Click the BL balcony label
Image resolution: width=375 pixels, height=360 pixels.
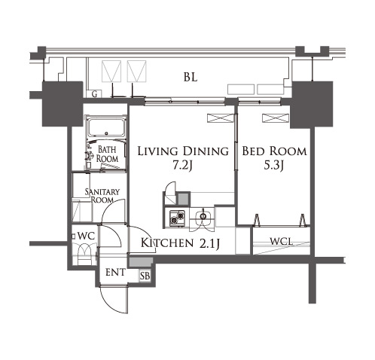(x=191, y=77)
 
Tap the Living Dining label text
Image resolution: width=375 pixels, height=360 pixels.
(x=183, y=151)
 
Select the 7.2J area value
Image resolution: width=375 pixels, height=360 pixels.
(x=182, y=165)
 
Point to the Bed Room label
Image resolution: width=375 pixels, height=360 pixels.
(x=274, y=151)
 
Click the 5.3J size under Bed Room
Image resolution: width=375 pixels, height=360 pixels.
(x=274, y=165)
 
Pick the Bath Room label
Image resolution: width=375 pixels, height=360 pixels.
(x=107, y=154)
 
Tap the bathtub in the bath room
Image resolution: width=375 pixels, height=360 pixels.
(x=107, y=127)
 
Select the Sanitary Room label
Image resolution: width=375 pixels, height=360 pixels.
(x=102, y=196)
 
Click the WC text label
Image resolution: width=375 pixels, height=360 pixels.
(x=86, y=236)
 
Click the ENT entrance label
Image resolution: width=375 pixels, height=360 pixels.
(x=115, y=273)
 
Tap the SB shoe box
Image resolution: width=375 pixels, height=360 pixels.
(x=145, y=276)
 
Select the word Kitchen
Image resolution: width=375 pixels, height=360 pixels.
(x=167, y=243)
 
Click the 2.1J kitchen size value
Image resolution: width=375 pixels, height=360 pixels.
(x=209, y=243)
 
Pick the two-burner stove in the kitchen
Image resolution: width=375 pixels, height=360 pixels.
(x=177, y=218)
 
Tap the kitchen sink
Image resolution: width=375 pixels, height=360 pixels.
(x=203, y=216)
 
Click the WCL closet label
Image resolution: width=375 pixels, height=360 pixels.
(x=282, y=242)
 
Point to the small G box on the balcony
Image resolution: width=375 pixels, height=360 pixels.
(x=94, y=94)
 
